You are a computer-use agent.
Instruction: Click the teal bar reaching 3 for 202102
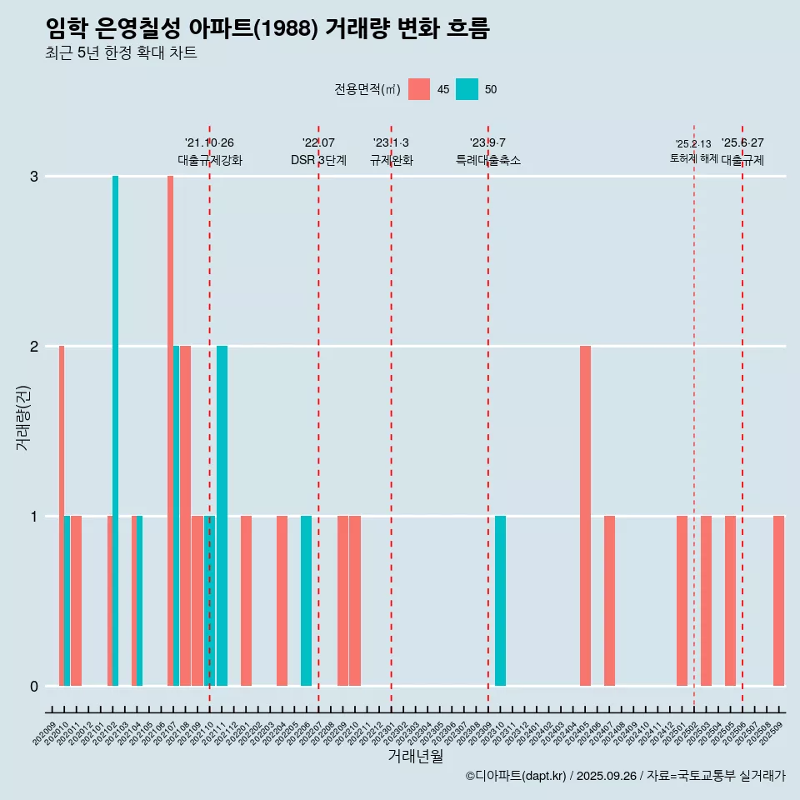[115, 431]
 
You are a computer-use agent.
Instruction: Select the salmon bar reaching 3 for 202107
[170, 431]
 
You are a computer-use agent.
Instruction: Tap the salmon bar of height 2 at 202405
[585, 516]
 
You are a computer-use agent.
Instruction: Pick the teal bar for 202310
[500, 601]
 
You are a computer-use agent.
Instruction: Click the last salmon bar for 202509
[778, 601]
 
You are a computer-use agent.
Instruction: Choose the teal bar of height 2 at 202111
[222, 516]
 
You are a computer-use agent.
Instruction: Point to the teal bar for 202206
[306, 601]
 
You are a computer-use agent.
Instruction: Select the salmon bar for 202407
[609, 601]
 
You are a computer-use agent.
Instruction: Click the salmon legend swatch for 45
[419, 89]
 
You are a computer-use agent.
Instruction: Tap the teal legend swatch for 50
[467, 89]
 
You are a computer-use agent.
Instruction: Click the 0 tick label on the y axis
[34, 687]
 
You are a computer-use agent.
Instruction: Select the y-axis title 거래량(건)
[22, 417]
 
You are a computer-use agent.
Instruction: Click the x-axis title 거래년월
[415, 756]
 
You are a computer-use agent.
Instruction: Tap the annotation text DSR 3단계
[318, 160]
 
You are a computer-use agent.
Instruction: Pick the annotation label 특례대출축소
[487, 160]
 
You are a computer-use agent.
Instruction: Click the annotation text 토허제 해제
[693, 157]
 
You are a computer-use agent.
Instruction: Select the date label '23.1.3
[391, 143]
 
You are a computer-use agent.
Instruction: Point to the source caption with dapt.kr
[625, 776]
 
